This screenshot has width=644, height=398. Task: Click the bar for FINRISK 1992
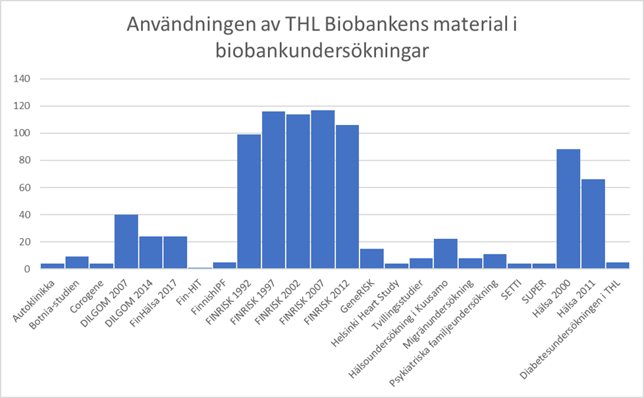(249, 201)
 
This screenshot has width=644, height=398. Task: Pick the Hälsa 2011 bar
(593, 224)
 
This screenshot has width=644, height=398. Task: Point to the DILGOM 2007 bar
(126, 241)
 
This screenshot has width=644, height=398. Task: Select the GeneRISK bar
(371, 259)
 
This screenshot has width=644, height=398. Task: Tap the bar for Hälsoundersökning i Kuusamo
(445, 254)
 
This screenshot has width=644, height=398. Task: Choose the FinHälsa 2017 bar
(175, 253)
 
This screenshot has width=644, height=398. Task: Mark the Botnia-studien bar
(77, 262)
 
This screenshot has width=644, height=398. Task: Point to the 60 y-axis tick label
(25, 187)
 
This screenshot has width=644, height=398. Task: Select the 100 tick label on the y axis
(22, 134)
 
